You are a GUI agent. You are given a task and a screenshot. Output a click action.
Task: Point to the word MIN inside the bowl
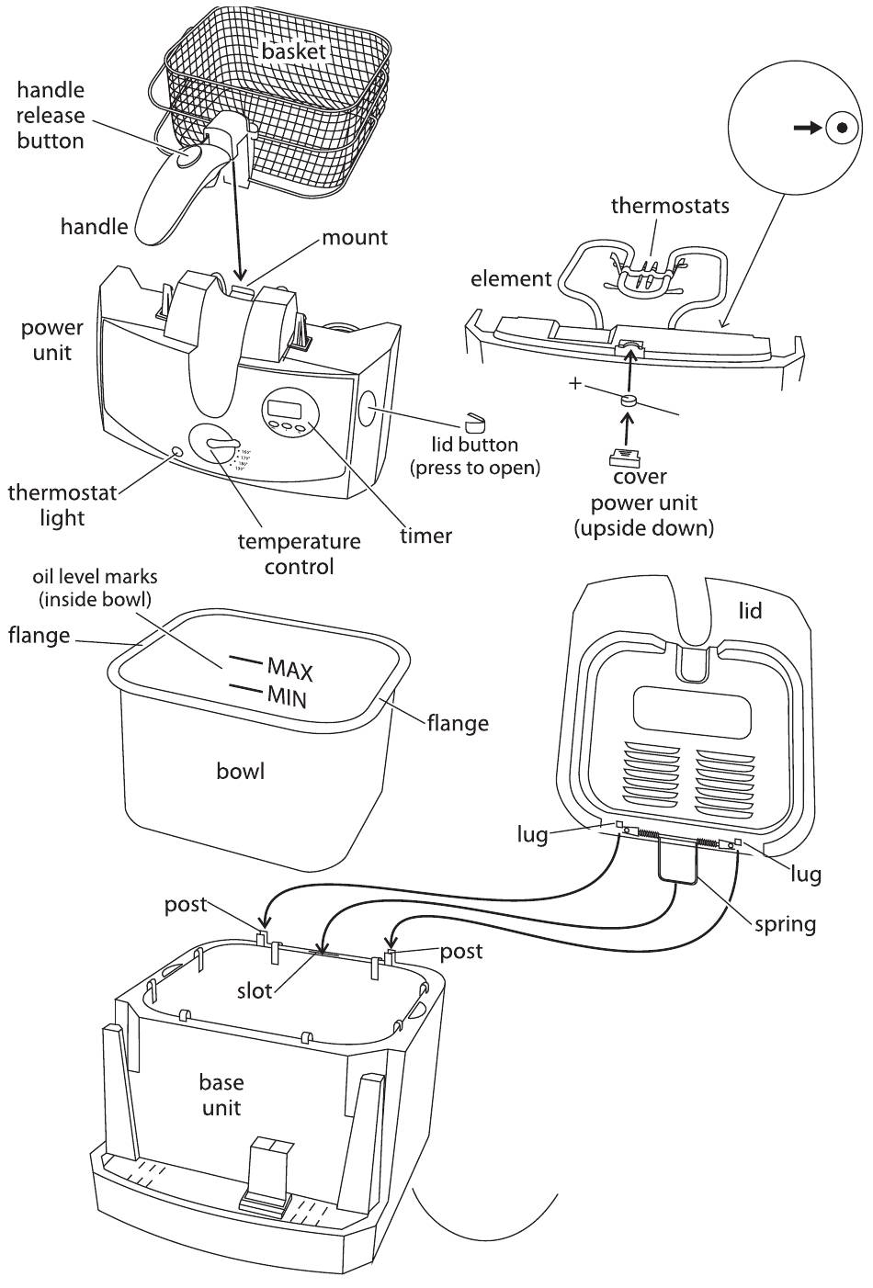[287, 696]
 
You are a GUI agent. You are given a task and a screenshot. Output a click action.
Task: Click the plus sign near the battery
[575, 383]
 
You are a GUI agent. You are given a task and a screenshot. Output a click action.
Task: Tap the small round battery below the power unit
[629, 401]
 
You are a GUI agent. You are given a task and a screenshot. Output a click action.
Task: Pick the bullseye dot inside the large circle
[838, 129]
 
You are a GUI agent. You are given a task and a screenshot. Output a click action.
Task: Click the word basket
[293, 52]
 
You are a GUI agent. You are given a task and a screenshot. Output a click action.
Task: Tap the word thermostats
[670, 205]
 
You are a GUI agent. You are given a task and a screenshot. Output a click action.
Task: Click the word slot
[255, 990]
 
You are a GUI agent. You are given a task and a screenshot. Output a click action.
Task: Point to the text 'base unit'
[221, 1094]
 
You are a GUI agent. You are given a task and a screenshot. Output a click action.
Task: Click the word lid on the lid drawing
[751, 610]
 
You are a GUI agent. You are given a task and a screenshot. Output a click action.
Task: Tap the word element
[511, 278]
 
